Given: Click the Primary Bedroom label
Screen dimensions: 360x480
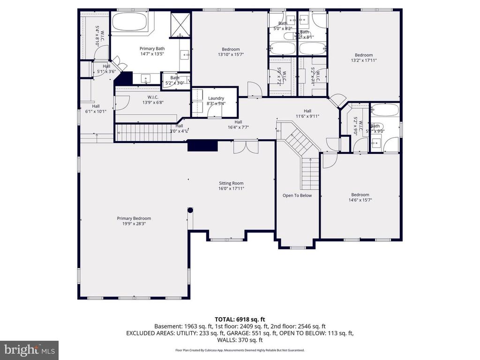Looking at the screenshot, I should [134, 218].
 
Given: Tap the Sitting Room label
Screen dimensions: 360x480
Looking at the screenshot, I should [232, 183].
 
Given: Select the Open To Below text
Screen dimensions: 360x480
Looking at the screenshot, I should [297, 195].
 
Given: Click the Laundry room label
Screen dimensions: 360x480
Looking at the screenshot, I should [216, 98].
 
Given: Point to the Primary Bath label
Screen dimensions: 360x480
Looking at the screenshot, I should [152, 48].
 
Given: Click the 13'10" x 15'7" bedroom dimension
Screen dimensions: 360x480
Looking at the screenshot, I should [231, 55].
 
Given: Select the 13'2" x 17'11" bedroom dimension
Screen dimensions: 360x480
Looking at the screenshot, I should [364, 60].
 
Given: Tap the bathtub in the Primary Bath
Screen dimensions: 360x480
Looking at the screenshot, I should [129, 23].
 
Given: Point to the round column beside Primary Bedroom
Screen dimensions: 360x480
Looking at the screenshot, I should [190, 210].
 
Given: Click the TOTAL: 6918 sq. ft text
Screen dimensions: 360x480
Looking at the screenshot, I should [240, 319].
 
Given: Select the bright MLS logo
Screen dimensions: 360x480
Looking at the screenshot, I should [29, 350].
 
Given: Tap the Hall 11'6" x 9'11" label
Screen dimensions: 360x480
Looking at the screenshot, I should [307, 113].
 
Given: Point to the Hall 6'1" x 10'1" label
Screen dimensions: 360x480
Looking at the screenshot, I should [96, 109].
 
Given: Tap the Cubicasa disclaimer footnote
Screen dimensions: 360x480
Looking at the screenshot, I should [240, 350].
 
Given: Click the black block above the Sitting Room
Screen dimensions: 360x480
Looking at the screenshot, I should [202, 146].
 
